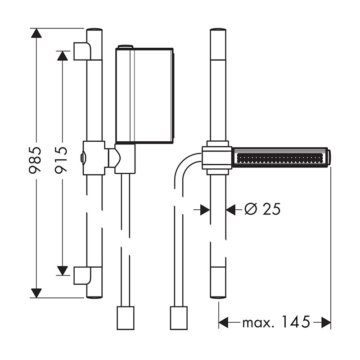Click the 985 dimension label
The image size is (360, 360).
coord(35,160)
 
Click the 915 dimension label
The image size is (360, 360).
coord(61,160)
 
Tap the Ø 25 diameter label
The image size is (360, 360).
coord(262,209)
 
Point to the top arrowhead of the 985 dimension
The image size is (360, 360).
coord(36,33)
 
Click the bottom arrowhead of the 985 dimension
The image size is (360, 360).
coord(36,293)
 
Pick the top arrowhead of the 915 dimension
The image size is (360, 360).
coord(63,55)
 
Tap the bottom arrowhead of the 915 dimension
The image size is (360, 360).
coord(63,271)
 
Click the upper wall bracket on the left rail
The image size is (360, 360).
coord(82,51)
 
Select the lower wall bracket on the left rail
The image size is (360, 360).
coord(82,275)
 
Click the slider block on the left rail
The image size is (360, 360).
coord(94,158)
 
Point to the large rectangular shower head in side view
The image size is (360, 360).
coord(144,95)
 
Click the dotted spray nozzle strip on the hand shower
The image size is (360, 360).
coord(280,158)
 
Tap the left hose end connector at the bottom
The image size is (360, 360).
coord(126,318)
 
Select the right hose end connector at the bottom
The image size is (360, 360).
coord(179,318)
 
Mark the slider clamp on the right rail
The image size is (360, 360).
coord(217,158)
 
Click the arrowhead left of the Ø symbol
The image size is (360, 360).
coord(205,209)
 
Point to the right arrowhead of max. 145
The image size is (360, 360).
coord(326,322)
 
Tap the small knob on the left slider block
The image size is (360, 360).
coord(82,158)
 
